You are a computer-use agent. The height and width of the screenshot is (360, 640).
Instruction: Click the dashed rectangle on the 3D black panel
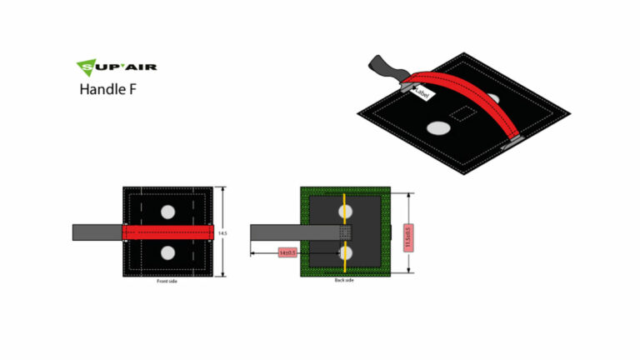coord(460,112)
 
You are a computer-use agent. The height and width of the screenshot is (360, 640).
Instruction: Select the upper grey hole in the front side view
coord(168,212)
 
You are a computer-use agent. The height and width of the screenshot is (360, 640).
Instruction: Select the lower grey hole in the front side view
coord(168,252)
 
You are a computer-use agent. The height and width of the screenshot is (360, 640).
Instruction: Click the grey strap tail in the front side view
coord(97,232)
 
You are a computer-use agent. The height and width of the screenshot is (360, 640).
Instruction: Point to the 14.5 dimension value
coord(222,233)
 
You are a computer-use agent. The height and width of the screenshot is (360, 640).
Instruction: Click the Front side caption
coord(167,282)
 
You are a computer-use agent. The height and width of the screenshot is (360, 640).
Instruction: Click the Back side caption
coord(344,282)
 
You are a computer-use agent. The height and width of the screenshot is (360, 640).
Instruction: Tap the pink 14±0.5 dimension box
coord(288,252)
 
